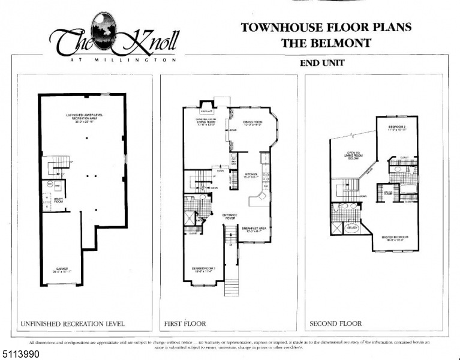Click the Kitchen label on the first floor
click(251, 176)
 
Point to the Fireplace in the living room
click(208, 112)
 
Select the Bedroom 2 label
click(397, 128)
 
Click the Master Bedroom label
click(395, 239)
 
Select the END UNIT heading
click(322, 63)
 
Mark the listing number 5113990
click(21, 354)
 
